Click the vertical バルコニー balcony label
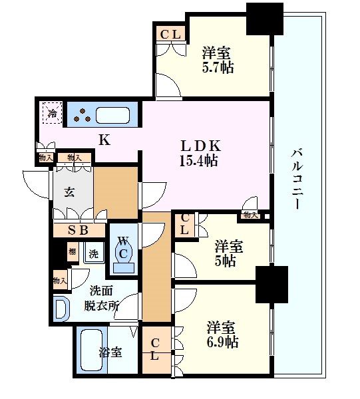295,180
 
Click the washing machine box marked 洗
93,253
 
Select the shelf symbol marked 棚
71,253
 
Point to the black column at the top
263,19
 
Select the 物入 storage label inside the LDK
250,214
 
